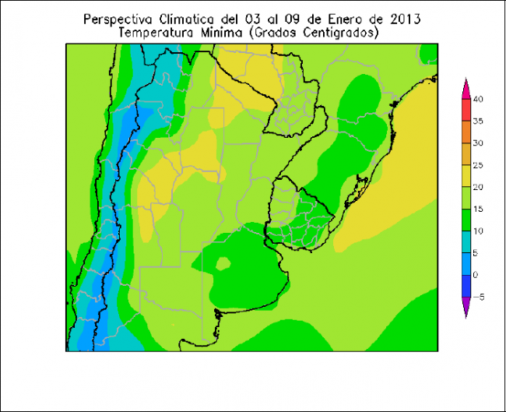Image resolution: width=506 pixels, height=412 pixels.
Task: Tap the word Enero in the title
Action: (344, 19)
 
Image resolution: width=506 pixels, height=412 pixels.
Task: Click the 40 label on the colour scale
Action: (478, 99)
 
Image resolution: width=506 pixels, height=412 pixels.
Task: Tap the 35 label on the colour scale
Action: (478, 121)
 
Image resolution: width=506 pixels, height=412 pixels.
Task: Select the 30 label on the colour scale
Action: (478, 143)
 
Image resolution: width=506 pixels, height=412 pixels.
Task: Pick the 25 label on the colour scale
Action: (478, 165)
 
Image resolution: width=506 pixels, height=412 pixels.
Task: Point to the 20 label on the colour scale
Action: (478, 187)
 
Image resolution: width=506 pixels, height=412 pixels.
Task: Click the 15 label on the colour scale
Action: (478, 209)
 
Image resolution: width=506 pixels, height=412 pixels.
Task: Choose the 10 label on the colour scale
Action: (478, 231)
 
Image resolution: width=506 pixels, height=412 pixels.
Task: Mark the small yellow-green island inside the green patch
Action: (223, 263)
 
